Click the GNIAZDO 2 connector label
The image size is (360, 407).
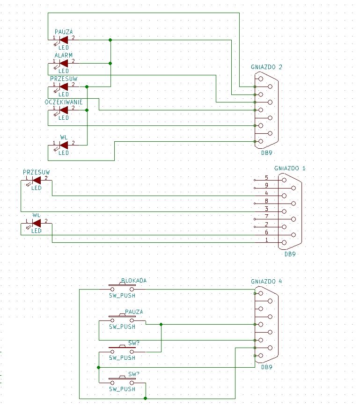tap(266, 67)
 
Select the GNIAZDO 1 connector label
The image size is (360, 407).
tap(290, 168)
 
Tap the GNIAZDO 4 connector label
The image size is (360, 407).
tap(266, 281)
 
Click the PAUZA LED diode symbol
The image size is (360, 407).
tap(64, 40)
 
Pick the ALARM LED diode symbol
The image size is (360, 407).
tap(64, 63)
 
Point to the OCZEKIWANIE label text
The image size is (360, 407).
tap(64, 102)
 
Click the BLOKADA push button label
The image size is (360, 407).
tap(134, 280)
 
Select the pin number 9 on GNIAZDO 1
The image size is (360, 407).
tap(266, 185)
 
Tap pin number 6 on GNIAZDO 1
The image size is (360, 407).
tap(266, 233)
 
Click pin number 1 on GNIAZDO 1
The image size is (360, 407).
tap(266, 240)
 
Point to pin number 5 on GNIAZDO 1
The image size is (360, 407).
tap(266, 178)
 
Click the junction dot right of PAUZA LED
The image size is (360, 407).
tap(110, 40)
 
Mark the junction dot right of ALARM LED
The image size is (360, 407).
tap(110, 63)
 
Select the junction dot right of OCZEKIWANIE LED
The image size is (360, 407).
tap(87, 110)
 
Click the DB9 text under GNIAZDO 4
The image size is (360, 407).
tap(266, 367)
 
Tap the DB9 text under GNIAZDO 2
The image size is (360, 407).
tap(266, 153)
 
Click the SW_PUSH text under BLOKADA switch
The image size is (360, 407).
tap(122, 295)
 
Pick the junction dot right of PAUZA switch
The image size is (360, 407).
tap(161, 325)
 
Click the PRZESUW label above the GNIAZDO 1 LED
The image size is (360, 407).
tap(37, 172)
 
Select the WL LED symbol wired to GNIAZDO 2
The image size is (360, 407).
tap(64, 145)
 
